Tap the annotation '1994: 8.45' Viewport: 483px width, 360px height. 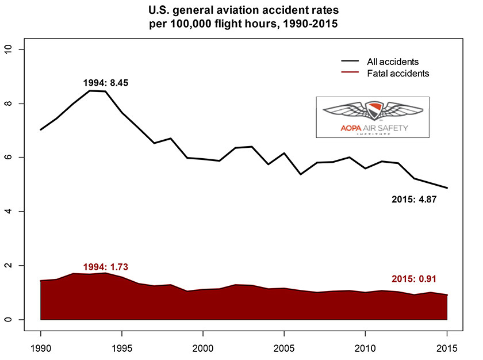click(105, 83)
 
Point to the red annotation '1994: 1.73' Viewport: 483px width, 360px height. click(105, 267)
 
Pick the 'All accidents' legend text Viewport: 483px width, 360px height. click(392, 62)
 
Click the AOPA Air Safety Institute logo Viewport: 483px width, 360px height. click(372, 117)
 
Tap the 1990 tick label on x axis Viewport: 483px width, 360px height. click(41, 348)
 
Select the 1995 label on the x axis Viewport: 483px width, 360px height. click(122, 348)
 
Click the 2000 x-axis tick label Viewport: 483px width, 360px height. click(204, 348)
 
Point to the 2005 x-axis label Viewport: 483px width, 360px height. click(285, 348)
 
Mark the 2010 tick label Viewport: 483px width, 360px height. click(366, 348)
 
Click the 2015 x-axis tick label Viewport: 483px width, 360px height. click(447, 348)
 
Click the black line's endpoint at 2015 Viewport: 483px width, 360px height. click(447, 188)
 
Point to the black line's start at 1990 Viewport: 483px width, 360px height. click(41, 129)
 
